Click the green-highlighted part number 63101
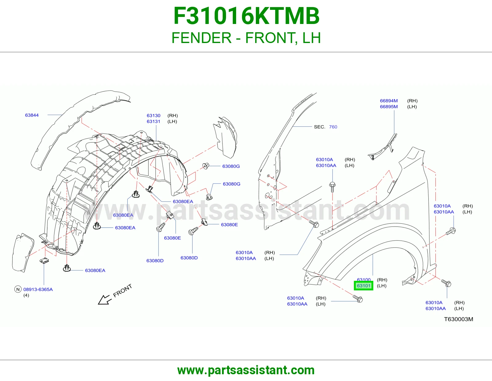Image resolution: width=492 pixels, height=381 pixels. [x=363, y=285]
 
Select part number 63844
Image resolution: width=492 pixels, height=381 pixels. [x=32, y=115]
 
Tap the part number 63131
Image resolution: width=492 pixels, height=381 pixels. [x=153, y=121]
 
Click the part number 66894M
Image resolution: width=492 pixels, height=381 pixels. [x=389, y=101]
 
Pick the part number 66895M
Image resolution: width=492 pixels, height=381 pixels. [x=389, y=107]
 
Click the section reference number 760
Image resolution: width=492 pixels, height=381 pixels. [x=333, y=127]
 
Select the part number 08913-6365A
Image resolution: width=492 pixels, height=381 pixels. [x=38, y=289]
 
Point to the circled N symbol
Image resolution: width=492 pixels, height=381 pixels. [x=18, y=289]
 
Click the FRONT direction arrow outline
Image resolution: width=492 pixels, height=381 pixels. [x=105, y=300]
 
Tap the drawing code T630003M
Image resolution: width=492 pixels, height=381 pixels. [x=458, y=319]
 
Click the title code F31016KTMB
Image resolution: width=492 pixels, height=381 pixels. [x=246, y=16]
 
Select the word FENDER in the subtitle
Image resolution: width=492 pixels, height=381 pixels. [x=201, y=38]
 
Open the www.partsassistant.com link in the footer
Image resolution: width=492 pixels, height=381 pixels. [x=246, y=370]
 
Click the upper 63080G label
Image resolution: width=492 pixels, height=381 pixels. [x=231, y=166]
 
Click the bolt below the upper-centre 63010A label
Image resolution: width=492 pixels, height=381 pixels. [x=332, y=187]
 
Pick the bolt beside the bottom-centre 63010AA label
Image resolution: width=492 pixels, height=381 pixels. [x=358, y=299]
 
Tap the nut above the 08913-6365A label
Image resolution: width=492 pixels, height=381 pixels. [x=44, y=261]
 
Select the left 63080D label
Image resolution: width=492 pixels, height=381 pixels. [x=155, y=261]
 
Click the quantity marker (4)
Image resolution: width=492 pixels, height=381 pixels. [x=26, y=295]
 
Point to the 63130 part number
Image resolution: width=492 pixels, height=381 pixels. [x=153, y=116]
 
